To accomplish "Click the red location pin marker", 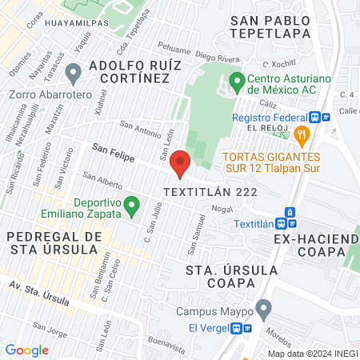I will (x=181, y=163).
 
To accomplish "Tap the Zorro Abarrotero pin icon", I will (x=74, y=75).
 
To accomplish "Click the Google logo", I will (x=27, y=350).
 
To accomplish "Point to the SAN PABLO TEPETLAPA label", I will (x=270, y=26).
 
